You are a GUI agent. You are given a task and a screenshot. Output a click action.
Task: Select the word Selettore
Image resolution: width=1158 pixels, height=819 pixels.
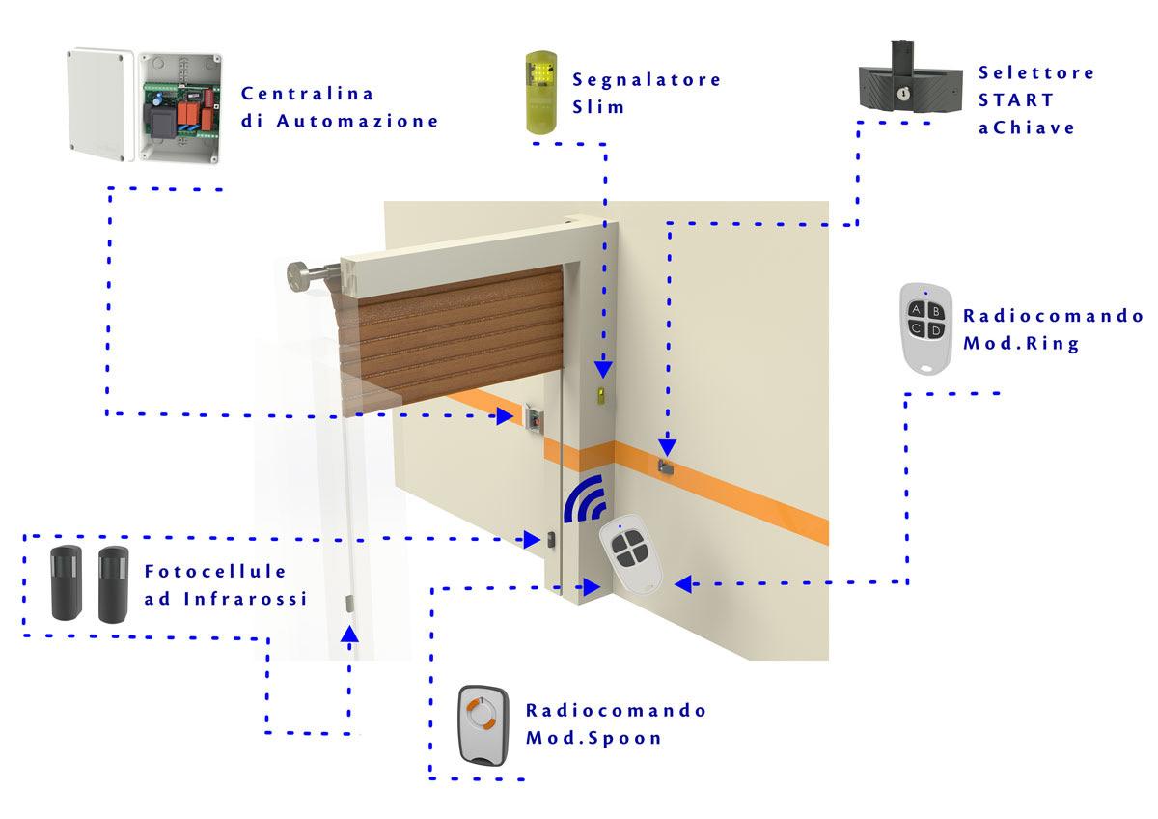(x=1035, y=72)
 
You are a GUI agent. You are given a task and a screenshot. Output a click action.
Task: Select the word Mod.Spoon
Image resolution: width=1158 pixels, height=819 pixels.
(x=593, y=738)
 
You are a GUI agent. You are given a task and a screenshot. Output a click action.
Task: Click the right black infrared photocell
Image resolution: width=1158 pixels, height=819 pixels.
(x=113, y=582)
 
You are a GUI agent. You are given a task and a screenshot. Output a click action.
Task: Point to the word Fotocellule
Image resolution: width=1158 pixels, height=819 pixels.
(x=215, y=572)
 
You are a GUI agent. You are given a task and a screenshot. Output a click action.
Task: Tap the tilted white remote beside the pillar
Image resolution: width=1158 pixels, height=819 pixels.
(x=628, y=558)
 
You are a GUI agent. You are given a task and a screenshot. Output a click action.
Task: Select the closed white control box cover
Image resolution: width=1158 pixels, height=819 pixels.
(x=97, y=99)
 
